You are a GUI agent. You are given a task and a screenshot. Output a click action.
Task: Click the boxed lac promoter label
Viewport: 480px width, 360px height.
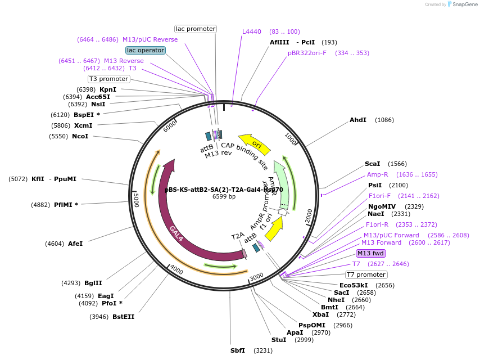tap(196, 29)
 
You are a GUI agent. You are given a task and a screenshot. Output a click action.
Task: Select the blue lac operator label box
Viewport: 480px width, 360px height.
tap(146, 50)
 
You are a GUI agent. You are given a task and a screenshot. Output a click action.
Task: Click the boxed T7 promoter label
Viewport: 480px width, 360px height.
tap(366, 274)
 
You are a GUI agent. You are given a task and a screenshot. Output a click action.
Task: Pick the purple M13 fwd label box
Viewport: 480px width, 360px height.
tap(370, 253)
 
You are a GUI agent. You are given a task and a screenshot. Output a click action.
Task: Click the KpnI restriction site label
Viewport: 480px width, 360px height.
tap(108, 89)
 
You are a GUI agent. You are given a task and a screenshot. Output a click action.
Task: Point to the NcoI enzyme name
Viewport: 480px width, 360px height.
tap(80, 136)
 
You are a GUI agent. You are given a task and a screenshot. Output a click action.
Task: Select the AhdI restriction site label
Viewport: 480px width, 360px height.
tap(358, 120)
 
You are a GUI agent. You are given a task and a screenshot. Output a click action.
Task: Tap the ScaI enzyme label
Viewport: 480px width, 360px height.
tap(373, 164)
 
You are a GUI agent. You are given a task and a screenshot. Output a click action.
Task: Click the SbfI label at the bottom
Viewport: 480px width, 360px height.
tap(238, 350)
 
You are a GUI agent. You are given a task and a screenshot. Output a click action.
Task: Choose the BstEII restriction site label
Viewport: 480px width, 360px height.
tap(123, 317)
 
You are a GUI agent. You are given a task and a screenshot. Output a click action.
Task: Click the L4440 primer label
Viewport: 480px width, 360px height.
tap(252, 31)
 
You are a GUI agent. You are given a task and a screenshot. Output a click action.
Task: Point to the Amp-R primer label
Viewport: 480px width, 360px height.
tap(378, 174)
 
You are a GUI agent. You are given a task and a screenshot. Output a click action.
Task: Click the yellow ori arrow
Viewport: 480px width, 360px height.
tap(254, 143)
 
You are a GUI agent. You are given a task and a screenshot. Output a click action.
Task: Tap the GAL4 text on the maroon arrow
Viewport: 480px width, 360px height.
tap(176, 233)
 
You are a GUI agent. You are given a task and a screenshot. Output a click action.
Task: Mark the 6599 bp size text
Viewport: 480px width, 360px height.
tap(224, 196)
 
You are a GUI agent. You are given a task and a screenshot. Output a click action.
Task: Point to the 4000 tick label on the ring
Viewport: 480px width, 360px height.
tap(176, 269)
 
